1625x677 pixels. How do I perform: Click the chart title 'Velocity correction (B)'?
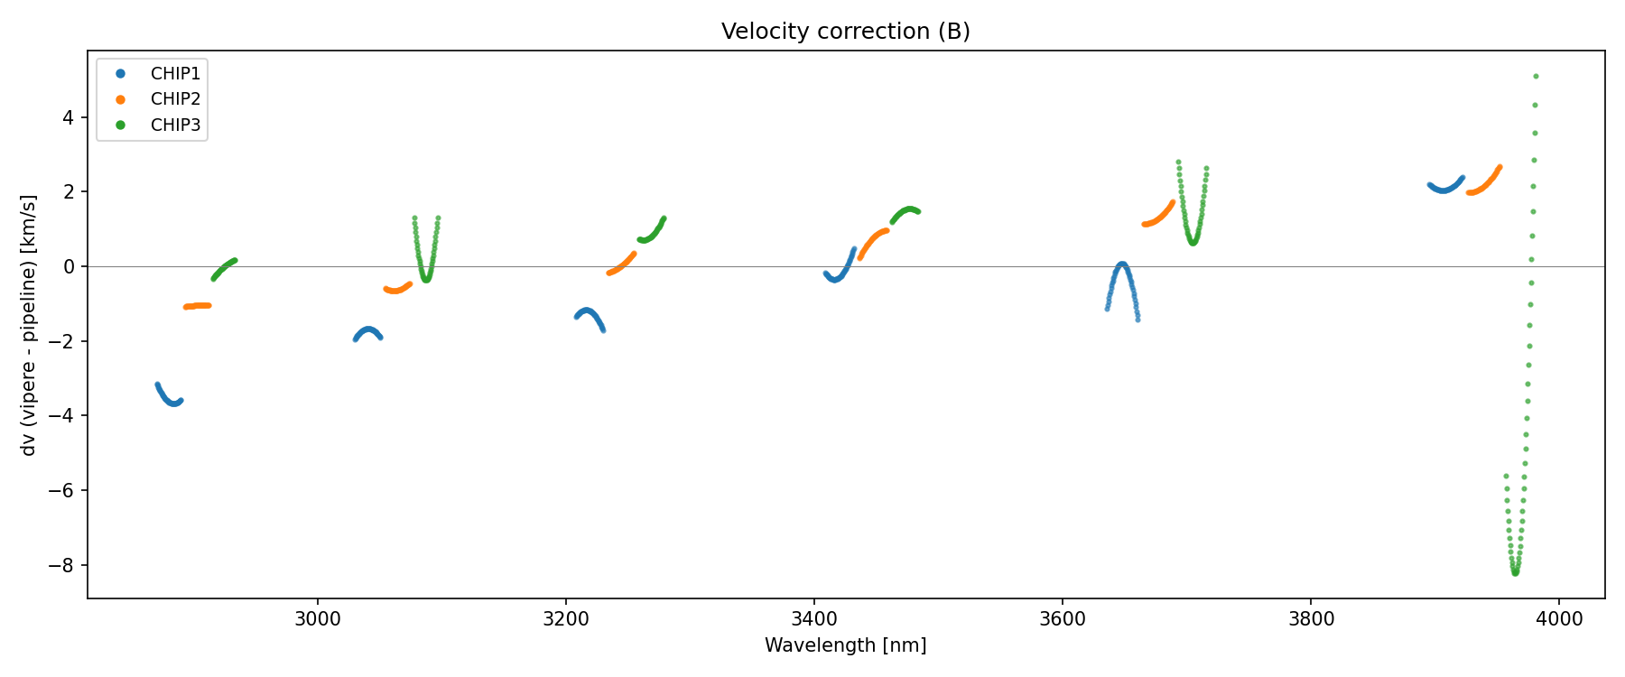point(845,32)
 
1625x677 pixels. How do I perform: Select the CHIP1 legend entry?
point(175,74)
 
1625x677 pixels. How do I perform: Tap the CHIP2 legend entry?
point(175,99)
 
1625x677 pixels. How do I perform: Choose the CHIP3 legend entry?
point(175,125)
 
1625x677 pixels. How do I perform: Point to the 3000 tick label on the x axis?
point(318,619)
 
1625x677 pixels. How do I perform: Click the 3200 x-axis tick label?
point(566,619)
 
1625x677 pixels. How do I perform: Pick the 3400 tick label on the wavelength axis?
point(814,619)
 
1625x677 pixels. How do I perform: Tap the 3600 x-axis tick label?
point(1063,619)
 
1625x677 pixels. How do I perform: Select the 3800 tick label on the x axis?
point(1311,619)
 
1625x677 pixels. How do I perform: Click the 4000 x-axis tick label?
point(1559,619)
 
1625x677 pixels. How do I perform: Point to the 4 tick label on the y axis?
point(69,117)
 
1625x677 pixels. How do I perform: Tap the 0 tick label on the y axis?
point(69,267)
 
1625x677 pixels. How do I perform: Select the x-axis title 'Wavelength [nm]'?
point(845,645)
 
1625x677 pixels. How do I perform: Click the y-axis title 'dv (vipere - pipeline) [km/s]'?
point(29,325)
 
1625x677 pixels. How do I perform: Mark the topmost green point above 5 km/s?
point(1536,76)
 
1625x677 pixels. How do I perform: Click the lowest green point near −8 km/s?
point(1515,573)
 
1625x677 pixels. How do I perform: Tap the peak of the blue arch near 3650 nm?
point(1122,264)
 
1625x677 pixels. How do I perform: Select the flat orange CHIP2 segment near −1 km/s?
point(197,306)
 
